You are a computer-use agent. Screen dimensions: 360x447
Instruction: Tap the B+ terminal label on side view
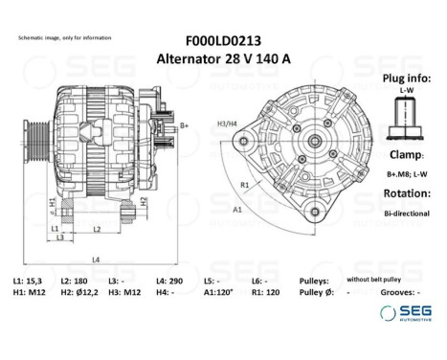tap(185, 126)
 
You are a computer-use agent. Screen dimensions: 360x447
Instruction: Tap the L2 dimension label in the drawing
tap(97, 230)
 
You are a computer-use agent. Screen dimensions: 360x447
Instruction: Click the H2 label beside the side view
tap(144, 201)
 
